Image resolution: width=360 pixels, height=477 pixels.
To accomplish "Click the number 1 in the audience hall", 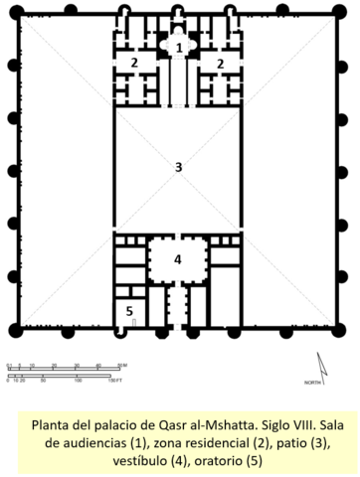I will coord(179,47).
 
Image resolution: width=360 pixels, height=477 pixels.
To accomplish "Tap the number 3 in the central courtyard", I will coord(178,167).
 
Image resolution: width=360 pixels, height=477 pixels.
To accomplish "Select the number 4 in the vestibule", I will coord(178,259).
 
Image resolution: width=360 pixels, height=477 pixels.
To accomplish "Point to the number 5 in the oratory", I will coord(128,311).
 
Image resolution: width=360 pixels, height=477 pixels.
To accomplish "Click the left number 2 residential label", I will coord(133,63).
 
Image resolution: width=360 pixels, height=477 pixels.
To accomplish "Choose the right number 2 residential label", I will coord(221,63).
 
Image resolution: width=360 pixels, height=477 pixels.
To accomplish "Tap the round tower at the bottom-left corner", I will coord(12,331).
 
